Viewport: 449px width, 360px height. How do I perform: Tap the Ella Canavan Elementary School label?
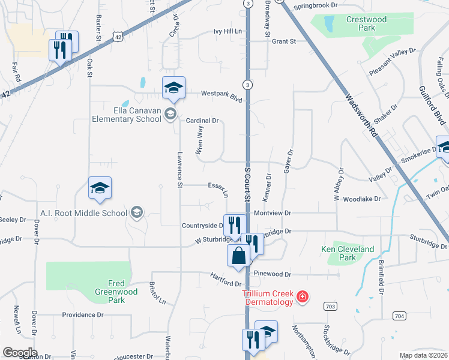pos(127,114)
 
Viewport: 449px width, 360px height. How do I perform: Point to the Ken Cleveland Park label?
pos(348,253)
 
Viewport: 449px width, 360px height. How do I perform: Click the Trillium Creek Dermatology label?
pos(268,298)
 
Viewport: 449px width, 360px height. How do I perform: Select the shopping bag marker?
pos(239,255)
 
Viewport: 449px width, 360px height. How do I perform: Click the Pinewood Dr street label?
pos(272,274)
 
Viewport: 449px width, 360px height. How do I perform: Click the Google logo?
pos(20,353)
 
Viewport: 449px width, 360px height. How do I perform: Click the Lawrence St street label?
pos(179,170)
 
